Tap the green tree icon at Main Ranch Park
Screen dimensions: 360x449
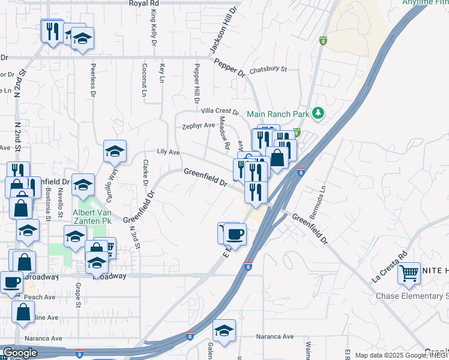click(x=319, y=113)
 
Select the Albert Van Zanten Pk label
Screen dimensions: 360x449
click(x=92, y=217)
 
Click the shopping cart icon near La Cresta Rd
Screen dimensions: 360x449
click(x=409, y=274)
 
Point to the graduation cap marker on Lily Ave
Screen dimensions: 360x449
click(x=115, y=152)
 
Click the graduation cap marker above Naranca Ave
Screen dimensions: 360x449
click(x=224, y=331)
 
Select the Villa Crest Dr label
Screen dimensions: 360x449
click(x=220, y=112)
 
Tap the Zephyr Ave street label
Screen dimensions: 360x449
click(x=199, y=126)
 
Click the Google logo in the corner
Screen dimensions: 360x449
click(x=20, y=352)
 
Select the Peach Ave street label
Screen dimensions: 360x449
click(x=40, y=297)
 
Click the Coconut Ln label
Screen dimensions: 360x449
click(x=145, y=80)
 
